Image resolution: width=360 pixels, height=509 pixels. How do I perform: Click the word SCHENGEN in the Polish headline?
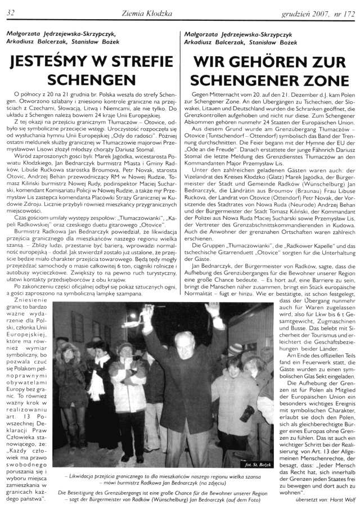[x=90, y=80]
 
